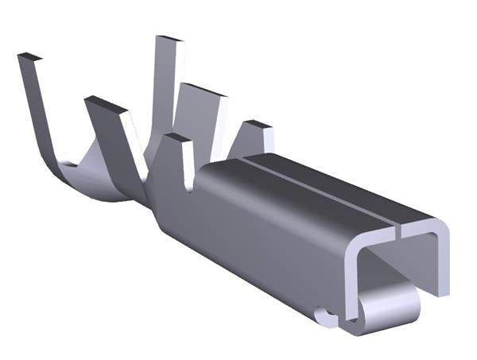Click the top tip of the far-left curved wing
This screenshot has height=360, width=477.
(29, 57)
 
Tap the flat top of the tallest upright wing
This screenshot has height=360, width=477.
(169, 39)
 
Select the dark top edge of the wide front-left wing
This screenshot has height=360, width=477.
(106, 104)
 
